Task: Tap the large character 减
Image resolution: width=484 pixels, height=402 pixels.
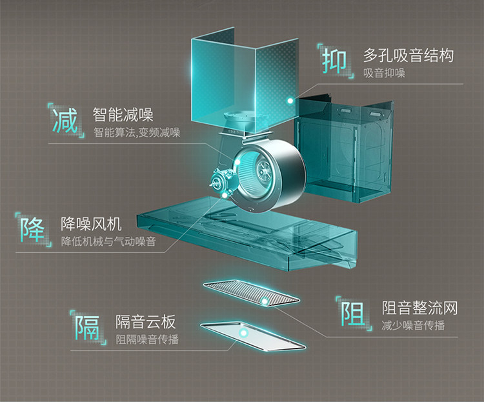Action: click(x=65, y=119)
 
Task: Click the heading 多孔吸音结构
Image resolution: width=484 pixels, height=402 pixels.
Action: click(x=407, y=55)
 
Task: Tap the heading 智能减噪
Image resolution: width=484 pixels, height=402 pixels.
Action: click(x=123, y=116)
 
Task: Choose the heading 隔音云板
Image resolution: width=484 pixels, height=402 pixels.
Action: click(x=145, y=321)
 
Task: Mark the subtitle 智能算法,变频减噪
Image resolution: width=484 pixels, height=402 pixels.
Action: click(x=136, y=134)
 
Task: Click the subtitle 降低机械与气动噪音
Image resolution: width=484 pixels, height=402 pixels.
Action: click(x=108, y=242)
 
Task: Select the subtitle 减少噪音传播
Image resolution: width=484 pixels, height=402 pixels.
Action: click(x=413, y=325)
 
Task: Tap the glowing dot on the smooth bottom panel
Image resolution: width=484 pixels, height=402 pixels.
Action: click(x=243, y=333)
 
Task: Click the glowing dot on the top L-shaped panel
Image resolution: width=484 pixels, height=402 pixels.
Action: click(x=290, y=101)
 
